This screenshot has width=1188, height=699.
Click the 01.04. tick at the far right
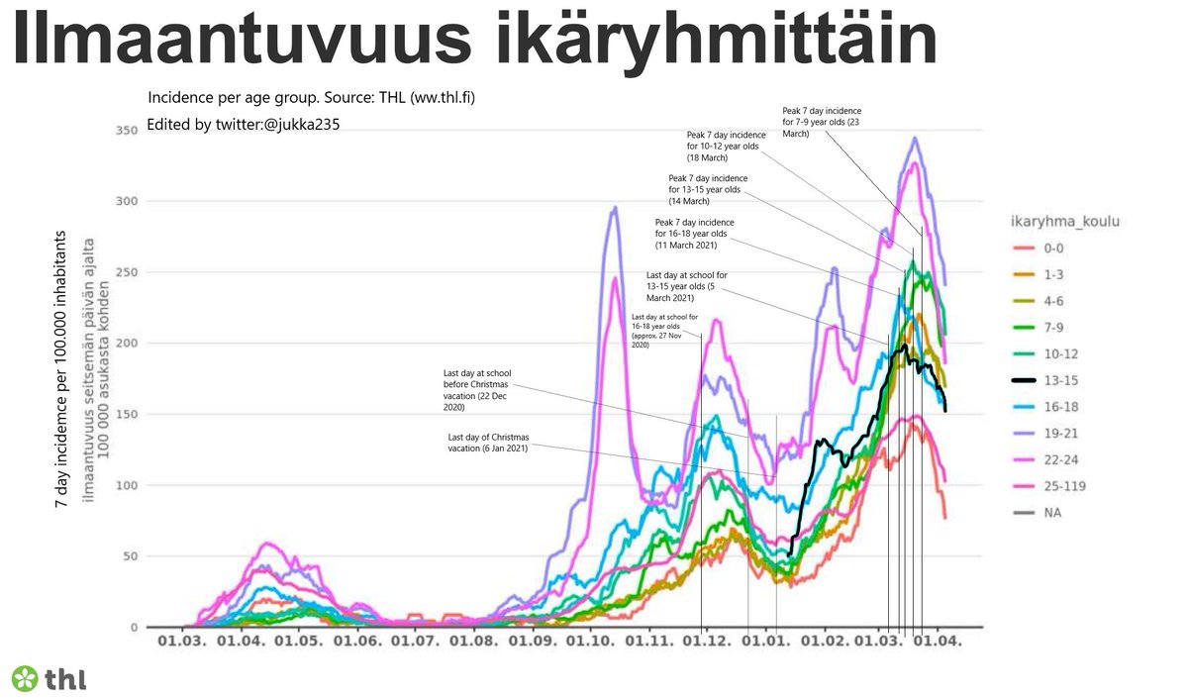coord(937,641)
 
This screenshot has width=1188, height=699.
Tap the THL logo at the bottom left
coord(48,678)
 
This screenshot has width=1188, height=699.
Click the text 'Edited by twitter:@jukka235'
coord(244,125)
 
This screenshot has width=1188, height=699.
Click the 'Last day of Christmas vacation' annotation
coord(487,443)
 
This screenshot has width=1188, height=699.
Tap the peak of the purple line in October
coord(615,208)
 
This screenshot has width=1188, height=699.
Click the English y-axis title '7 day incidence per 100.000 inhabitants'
coord(61,370)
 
